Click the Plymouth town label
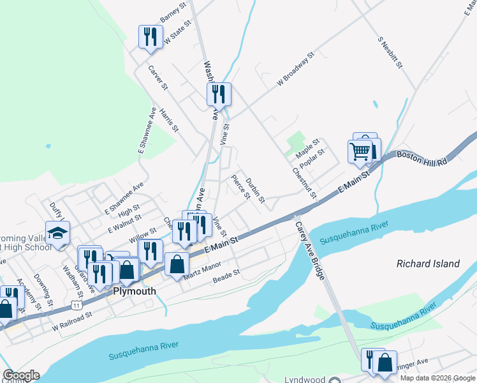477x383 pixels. (135, 291)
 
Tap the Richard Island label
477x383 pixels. (428, 264)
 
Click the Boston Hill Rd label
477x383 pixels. (422, 160)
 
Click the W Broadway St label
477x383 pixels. (297, 70)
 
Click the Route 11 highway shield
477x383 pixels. (77, 305)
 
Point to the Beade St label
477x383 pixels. (226, 276)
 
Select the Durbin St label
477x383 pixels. (255, 190)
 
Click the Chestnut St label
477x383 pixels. (304, 183)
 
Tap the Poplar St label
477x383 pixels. (312, 157)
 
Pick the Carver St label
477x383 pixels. (158, 77)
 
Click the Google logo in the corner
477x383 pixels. (21, 375)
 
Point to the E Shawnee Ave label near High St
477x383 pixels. (124, 197)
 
